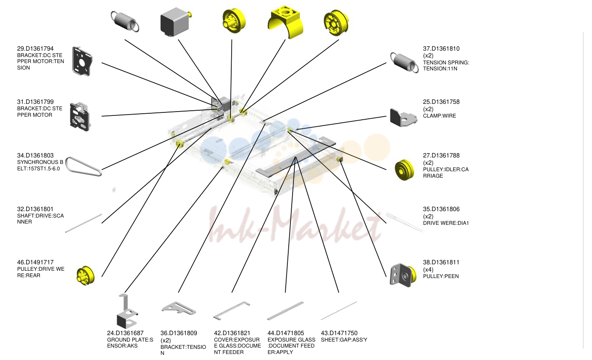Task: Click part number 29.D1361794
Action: (35, 48)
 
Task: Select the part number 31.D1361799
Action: (35, 102)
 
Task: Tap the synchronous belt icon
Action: (84, 166)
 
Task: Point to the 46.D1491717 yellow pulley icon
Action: (85, 275)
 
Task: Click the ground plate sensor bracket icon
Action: (127, 312)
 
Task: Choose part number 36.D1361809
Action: (178, 333)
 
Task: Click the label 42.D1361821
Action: (232, 333)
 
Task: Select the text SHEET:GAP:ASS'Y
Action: (344, 340)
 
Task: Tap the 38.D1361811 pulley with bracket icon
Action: (403, 275)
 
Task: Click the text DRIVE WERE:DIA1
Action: (446, 223)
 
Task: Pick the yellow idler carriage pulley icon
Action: (405, 169)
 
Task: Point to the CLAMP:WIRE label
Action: (440, 116)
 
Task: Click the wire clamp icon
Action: (404, 118)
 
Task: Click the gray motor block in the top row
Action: (175, 22)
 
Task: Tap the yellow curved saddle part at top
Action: (285, 22)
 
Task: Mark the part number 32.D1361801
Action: (35, 209)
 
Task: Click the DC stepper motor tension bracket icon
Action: (82, 61)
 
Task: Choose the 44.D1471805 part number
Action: (286, 333)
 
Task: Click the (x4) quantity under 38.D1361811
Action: (428, 269)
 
